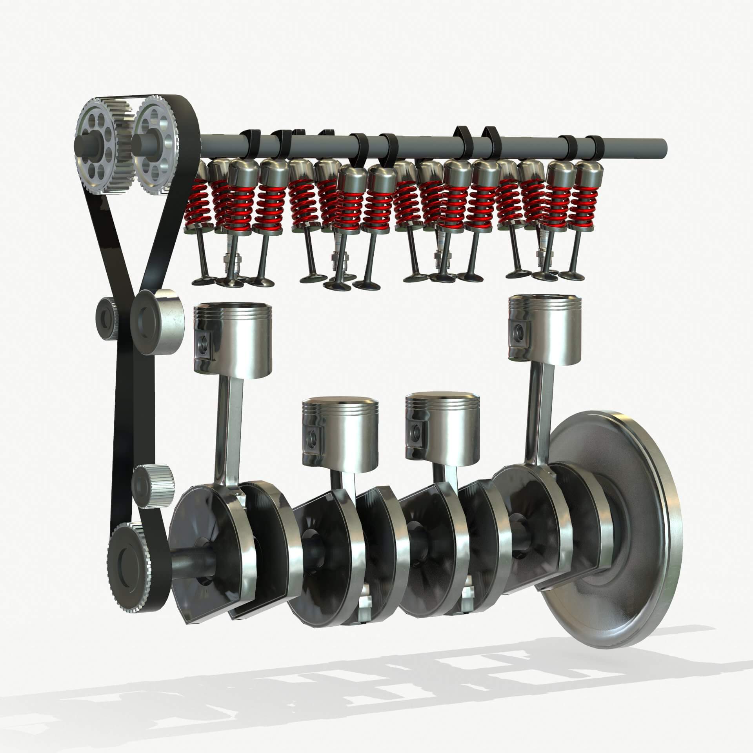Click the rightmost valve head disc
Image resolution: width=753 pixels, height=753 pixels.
[572, 275]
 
